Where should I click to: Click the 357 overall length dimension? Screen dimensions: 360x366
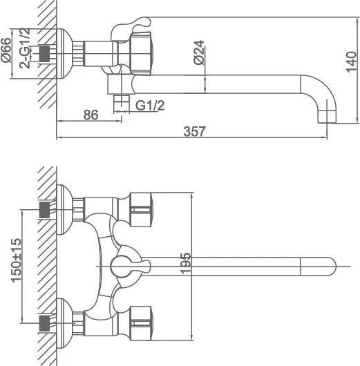click(194, 131)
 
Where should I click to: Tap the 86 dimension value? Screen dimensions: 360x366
click(91, 115)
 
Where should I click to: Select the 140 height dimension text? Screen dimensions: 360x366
click(351, 62)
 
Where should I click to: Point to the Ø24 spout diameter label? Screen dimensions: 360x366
click(199, 52)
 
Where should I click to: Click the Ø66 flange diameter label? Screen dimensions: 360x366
click(6, 50)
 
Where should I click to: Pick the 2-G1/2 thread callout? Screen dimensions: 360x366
click(25, 48)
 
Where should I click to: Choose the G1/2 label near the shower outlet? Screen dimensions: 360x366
click(150, 106)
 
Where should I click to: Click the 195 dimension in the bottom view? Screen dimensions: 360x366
click(185, 263)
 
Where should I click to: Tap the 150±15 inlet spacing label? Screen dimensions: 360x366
click(16, 260)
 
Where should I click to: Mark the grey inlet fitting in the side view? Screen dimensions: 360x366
click(44, 54)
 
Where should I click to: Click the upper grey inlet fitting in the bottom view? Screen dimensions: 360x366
click(44, 210)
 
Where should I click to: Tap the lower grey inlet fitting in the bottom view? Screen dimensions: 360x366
click(44, 323)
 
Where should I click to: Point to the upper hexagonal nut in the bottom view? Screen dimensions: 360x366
click(141, 210)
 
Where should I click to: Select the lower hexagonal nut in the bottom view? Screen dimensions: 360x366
click(141, 323)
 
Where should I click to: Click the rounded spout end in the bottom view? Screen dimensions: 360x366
click(318, 267)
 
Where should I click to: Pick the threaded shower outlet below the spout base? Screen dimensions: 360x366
click(122, 104)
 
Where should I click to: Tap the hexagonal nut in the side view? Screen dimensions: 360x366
click(141, 54)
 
